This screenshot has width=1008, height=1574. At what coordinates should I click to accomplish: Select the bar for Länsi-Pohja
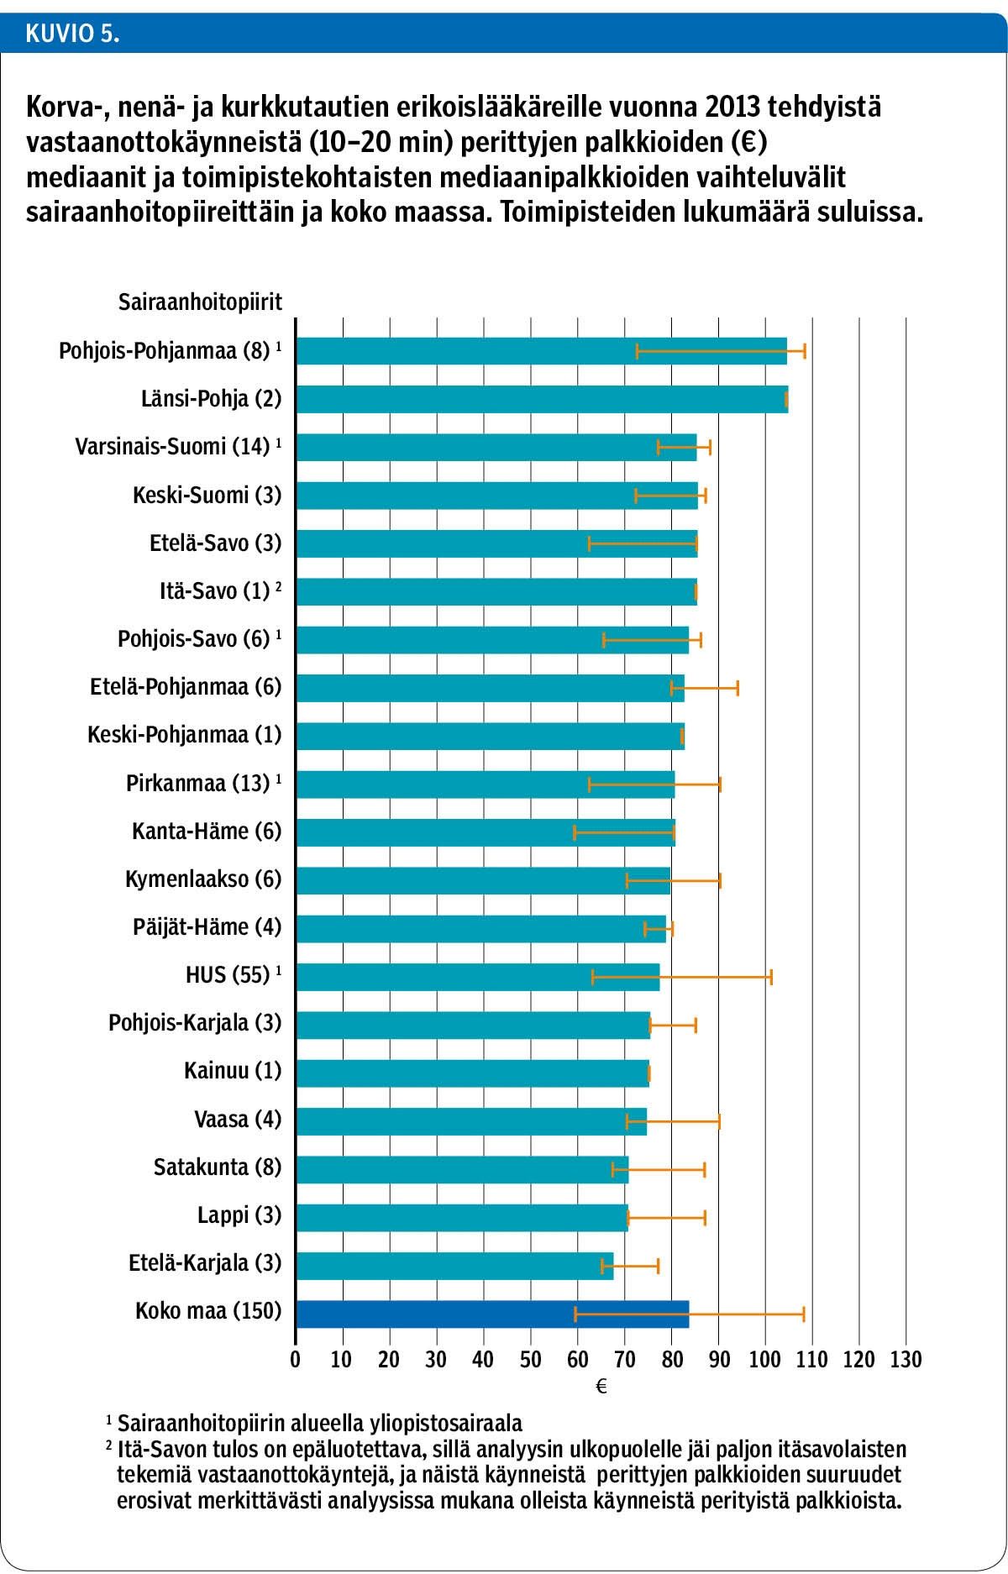pyautogui.click(x=541, y=399)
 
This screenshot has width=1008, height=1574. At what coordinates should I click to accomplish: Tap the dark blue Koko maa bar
pyautogui.click(x=492, y=1314)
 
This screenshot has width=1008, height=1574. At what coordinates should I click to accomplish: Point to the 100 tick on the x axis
pyautogui.click(x=765, y=1360)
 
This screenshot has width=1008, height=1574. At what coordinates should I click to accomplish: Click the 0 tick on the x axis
pyautogui.click(x=296, y=1360)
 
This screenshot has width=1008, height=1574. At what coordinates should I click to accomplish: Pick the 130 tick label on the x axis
pyautogui.click(x=906, y=1360)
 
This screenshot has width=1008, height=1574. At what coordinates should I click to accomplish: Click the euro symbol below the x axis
pyautogui.click(x=601, y=1388)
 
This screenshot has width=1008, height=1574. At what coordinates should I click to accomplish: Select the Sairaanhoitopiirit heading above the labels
pyautogui.click(x=200, y=302)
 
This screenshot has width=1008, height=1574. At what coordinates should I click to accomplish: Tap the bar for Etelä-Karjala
pyautogui.click(x=454, y=1266)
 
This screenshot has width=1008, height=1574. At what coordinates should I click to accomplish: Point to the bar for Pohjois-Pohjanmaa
pyautogui.click(x=541, y=351)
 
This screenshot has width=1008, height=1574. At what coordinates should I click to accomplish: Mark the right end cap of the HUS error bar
pyautogui.click(x=770, y=977)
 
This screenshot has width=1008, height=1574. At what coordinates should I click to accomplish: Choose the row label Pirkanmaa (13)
pyautogui.click(x=198, y=784)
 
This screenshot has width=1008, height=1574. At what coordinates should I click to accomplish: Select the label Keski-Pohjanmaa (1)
pyautogui.click(x=184, y=736)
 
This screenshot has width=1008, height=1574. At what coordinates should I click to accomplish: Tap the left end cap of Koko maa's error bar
pyautogui.click(x=575, y=1314)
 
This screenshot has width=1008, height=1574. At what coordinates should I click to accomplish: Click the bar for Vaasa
pyautogui.click(x=470, y=1121)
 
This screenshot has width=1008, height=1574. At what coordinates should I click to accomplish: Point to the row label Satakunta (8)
pyautogui.click(x=218, y=1167)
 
